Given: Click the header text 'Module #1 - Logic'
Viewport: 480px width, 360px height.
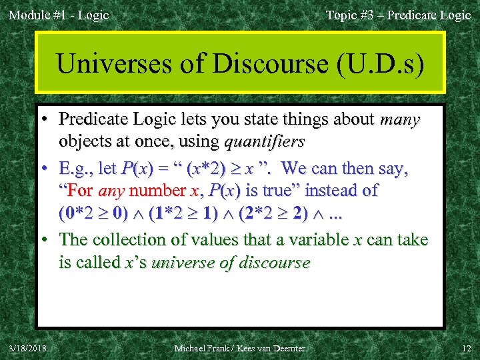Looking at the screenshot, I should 59,15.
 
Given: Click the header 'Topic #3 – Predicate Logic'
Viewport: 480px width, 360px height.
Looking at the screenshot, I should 398,15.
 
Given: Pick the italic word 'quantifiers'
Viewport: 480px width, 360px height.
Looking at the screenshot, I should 265,141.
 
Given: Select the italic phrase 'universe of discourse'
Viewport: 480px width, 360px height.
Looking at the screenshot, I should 231,263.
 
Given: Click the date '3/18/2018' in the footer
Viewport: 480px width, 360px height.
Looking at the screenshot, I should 28,347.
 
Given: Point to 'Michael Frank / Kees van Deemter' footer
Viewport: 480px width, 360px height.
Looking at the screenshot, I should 239,347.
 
